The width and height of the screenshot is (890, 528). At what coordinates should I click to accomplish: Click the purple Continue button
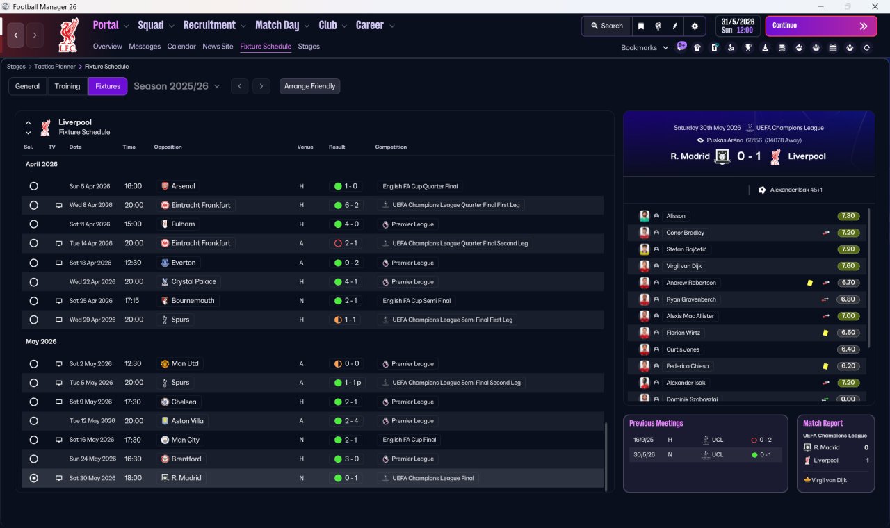(x=821, y=26)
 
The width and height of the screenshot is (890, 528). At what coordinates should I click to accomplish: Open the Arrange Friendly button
(x=309, y=86)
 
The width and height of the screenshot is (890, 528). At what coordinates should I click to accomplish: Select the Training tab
(x=67, y=86)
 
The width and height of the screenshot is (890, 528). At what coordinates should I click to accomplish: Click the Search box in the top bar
(x=607, y=26)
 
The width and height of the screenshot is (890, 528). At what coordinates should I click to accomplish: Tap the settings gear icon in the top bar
(x=695, y=26)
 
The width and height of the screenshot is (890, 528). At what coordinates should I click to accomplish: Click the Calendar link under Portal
(x=181, y=47)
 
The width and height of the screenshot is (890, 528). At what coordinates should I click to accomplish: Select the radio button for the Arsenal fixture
(x=34, y=186)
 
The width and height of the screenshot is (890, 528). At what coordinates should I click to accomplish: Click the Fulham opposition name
(x=183, y=224)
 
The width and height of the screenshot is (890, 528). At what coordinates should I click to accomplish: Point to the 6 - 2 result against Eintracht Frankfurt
(x=346, y=205)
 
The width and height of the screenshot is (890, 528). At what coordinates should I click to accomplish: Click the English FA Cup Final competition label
(x=410, y=440)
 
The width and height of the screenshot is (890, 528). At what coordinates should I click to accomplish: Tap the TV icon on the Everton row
(x=58, y=263)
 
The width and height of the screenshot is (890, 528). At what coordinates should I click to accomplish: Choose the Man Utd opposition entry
(x=185, y=363)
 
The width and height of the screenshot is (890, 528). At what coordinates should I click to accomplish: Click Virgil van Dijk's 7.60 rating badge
(x=848, y=266)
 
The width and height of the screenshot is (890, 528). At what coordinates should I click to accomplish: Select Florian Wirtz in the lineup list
(x=683, y=333)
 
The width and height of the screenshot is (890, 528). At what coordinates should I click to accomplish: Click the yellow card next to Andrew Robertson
(x=810, y=283)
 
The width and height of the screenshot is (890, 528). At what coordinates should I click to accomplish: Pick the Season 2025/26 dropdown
(x=177, y=86)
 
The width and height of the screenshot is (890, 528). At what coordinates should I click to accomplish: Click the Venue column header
(x=305, y=147)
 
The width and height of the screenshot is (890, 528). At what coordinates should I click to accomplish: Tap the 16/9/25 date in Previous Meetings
(x=643, y=440)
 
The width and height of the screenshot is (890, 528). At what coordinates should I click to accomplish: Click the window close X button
(x=875, y=6)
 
